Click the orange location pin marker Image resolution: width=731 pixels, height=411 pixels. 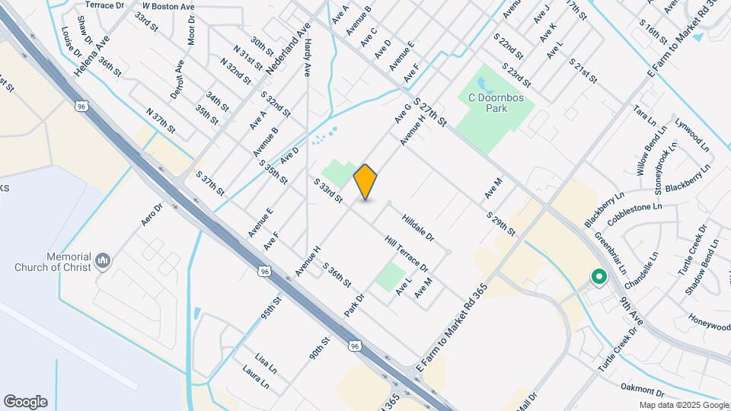[x=365, y=181]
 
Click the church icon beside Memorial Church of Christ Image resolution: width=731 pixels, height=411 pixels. [x=104, y=263]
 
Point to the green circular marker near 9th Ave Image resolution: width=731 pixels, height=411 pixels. [x=599, y=279]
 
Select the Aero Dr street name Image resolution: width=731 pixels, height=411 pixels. [x=152, y=215]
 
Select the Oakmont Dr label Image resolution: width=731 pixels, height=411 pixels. [x=642, y=390]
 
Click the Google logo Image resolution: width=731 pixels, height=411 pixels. [x=25, y=401]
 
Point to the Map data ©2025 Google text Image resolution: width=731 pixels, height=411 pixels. [x=683, y=406]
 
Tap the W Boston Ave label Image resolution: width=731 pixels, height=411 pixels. [x=169, y=6]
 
